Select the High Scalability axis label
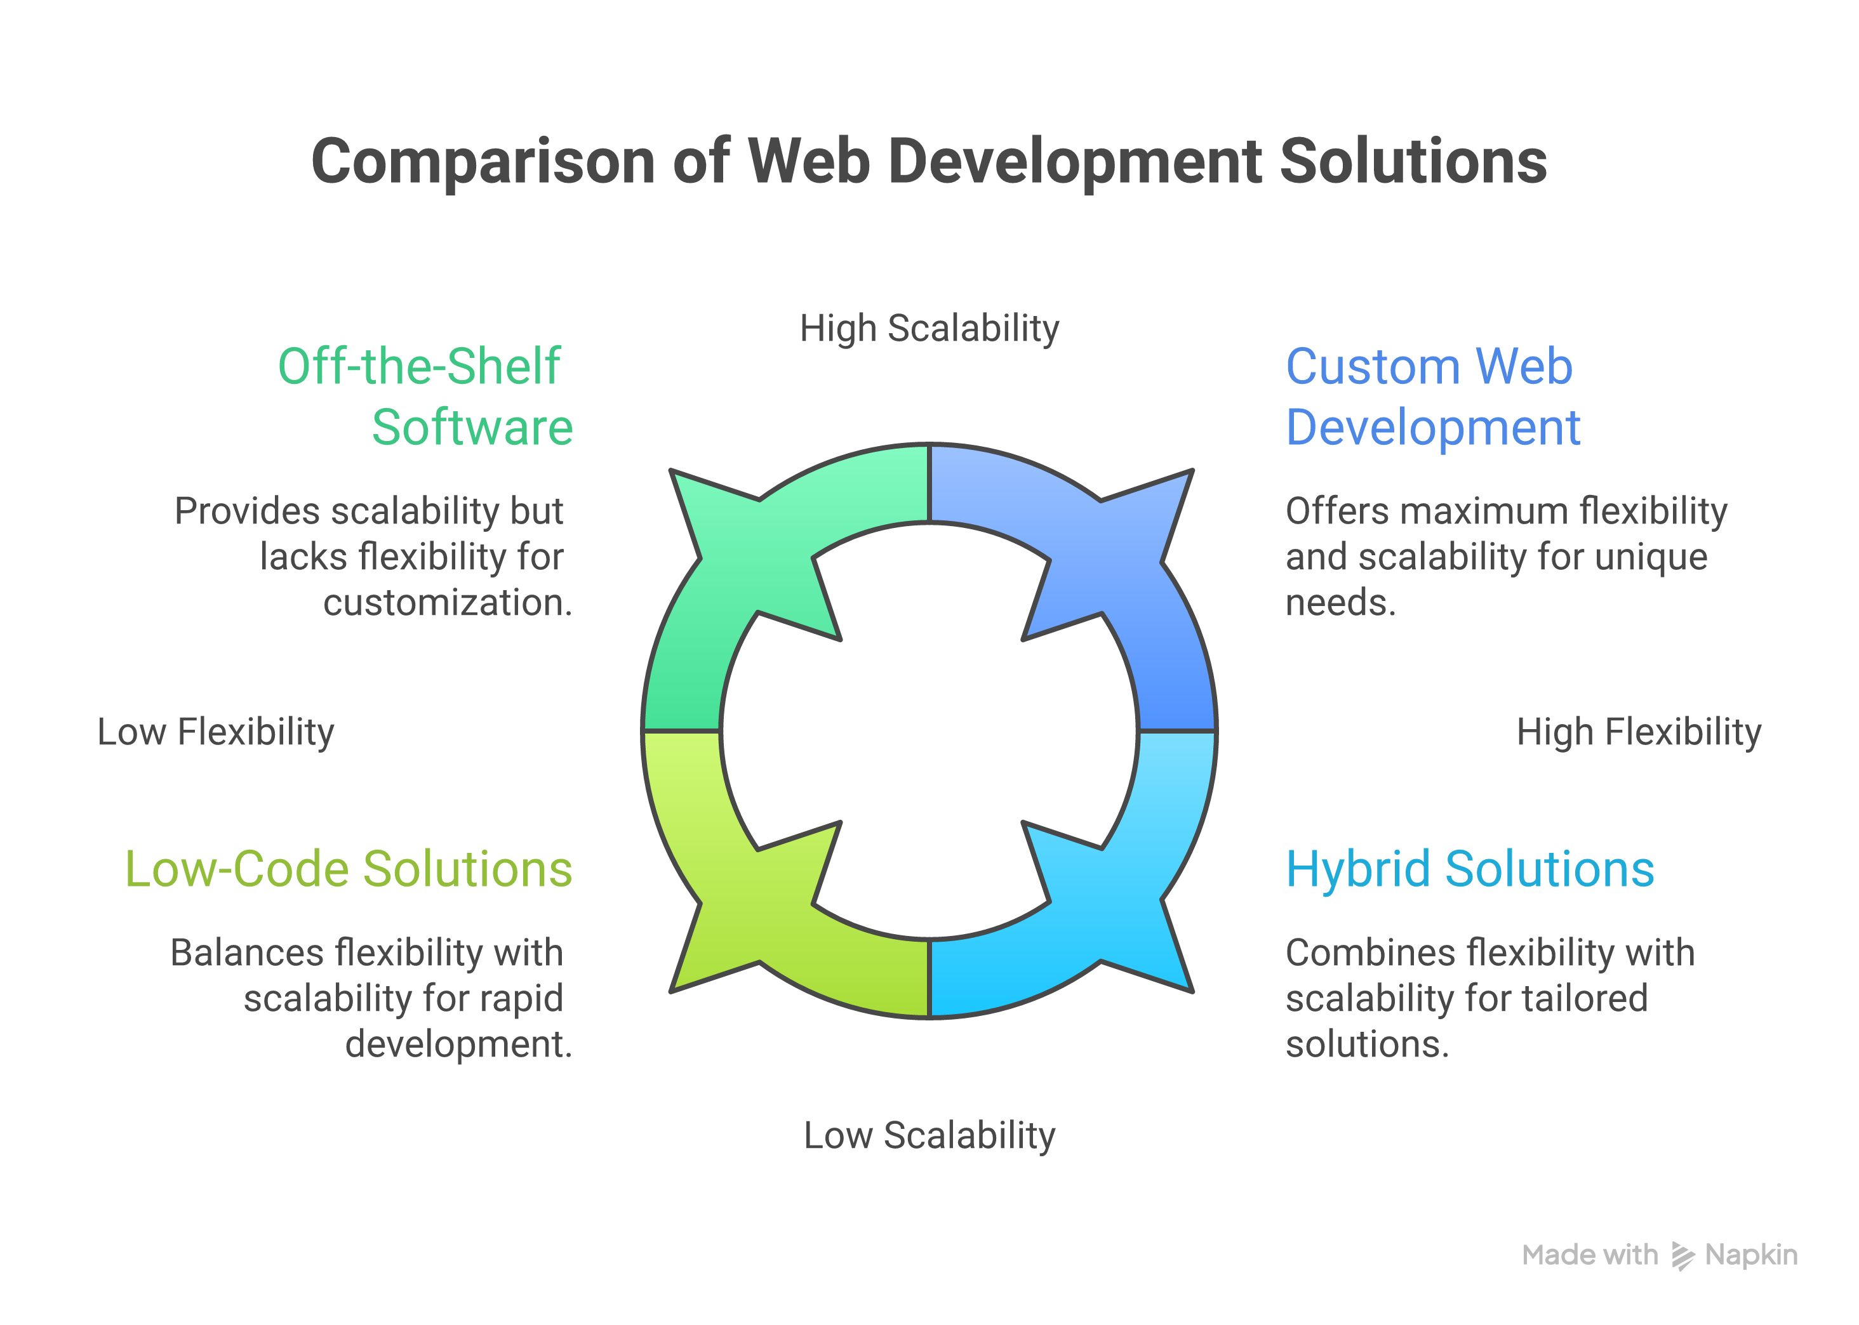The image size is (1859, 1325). coord(929,329)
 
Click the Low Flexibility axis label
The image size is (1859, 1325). coord(215,732)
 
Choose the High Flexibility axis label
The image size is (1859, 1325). coord(1638,732)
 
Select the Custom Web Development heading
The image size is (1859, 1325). coord(1432,397)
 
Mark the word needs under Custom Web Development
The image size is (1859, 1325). coord(1340,603)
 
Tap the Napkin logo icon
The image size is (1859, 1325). coord(1681,1256)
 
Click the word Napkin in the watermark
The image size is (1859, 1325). coord(1751,1255)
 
